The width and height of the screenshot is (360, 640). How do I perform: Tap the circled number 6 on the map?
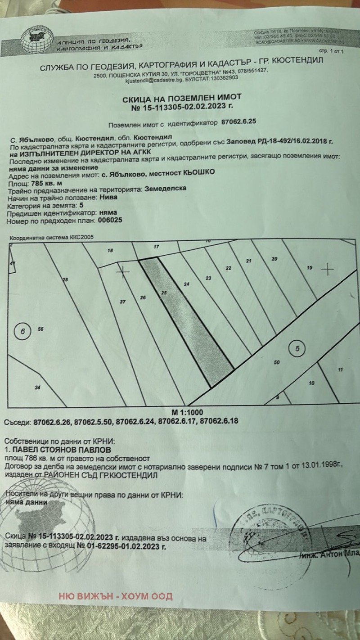[x=22, y=332]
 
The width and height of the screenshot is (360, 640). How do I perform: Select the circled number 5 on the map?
[x=297, y=348]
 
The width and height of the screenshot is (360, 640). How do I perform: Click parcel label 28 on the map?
[x=65, y=280]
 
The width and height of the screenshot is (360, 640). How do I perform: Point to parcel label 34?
[x=38, y=387]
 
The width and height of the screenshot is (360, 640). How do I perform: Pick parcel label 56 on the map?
[x=40, y=329]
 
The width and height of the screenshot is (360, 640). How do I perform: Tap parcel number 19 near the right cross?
[x=309, y=268]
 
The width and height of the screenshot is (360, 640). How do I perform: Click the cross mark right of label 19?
[x=328, y=270]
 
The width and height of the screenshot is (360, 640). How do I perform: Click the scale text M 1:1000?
[x=187, y=412]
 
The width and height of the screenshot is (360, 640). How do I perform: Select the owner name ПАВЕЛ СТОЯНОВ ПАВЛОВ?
[x=63, y=449]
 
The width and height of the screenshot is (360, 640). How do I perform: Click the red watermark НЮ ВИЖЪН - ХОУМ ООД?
[x=115, y=597]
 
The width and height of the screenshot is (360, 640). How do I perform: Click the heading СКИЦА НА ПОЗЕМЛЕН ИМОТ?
[x=182, y=97]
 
